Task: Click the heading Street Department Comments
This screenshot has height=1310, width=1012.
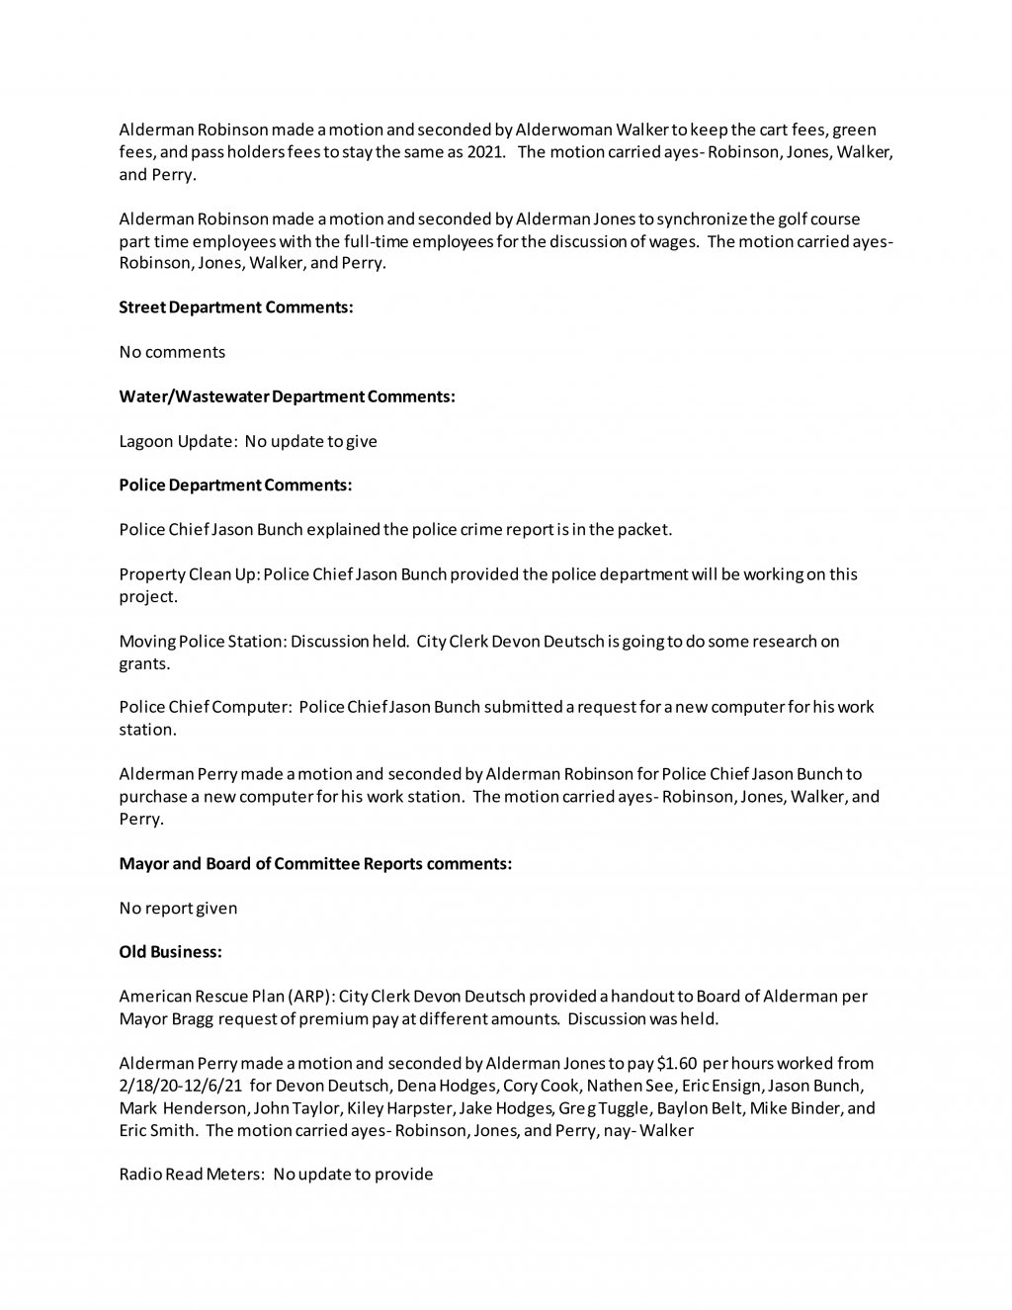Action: coord(236,307)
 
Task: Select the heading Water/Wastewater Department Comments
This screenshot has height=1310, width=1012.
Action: coord(287,396)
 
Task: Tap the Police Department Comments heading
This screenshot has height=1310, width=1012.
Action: coord(235,485)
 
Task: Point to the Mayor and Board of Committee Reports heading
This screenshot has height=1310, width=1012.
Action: coord(315,863)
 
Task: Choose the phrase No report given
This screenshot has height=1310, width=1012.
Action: coord(178,908)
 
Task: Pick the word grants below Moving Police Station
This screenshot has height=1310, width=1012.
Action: coord(144,663)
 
